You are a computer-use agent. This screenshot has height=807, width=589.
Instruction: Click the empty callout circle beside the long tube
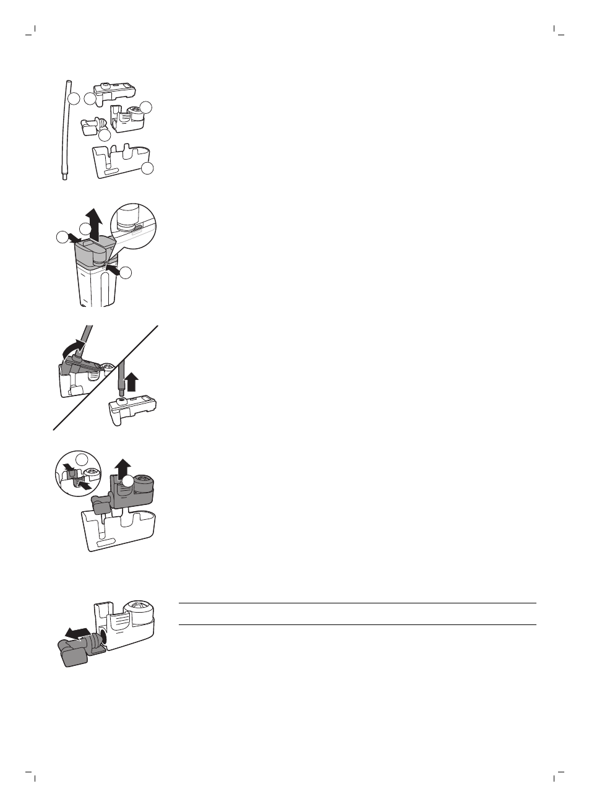[x=74, y=98]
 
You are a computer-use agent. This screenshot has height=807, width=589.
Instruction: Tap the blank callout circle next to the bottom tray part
[x=147, y=168]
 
